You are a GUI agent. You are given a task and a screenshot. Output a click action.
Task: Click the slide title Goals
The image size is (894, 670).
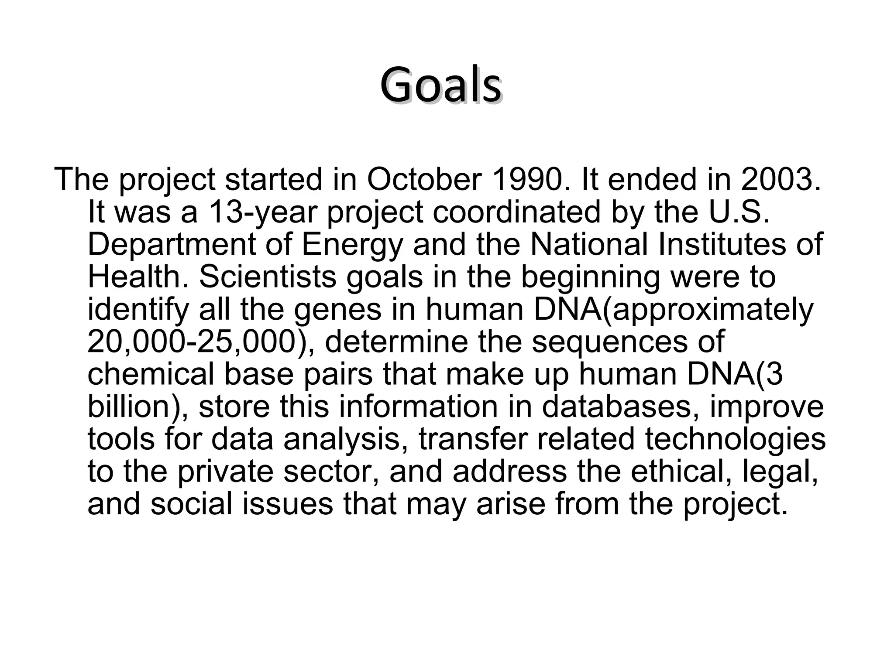441,85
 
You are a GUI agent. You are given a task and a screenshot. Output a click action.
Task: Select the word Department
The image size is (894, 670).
171,245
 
